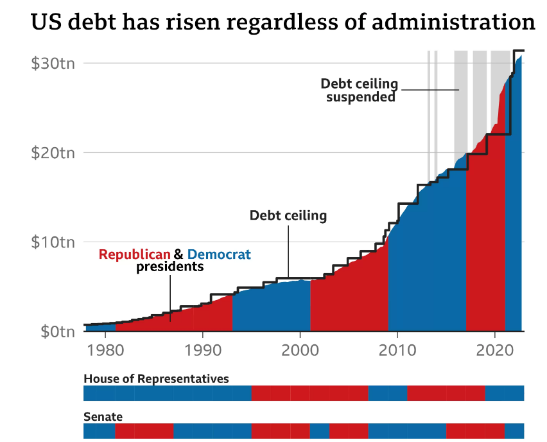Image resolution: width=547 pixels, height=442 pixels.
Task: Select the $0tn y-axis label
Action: (56, 332)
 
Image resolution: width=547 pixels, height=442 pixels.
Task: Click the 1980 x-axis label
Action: (106, 352)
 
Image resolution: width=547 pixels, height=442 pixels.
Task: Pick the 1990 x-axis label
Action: (203, 352)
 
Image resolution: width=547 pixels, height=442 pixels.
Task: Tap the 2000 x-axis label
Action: (300, 352)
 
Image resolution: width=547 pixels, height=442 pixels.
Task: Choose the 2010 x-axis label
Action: (397, 352)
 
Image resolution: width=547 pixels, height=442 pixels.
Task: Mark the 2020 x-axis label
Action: (494, 352)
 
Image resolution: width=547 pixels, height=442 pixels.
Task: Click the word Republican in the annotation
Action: (135, 254)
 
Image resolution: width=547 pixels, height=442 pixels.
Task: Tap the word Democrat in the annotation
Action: (219, 254)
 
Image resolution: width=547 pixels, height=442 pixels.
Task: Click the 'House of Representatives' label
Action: (156, 378)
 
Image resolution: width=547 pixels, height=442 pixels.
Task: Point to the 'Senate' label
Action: (103, 416)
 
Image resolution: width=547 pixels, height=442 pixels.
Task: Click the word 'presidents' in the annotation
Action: (169, 267)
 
